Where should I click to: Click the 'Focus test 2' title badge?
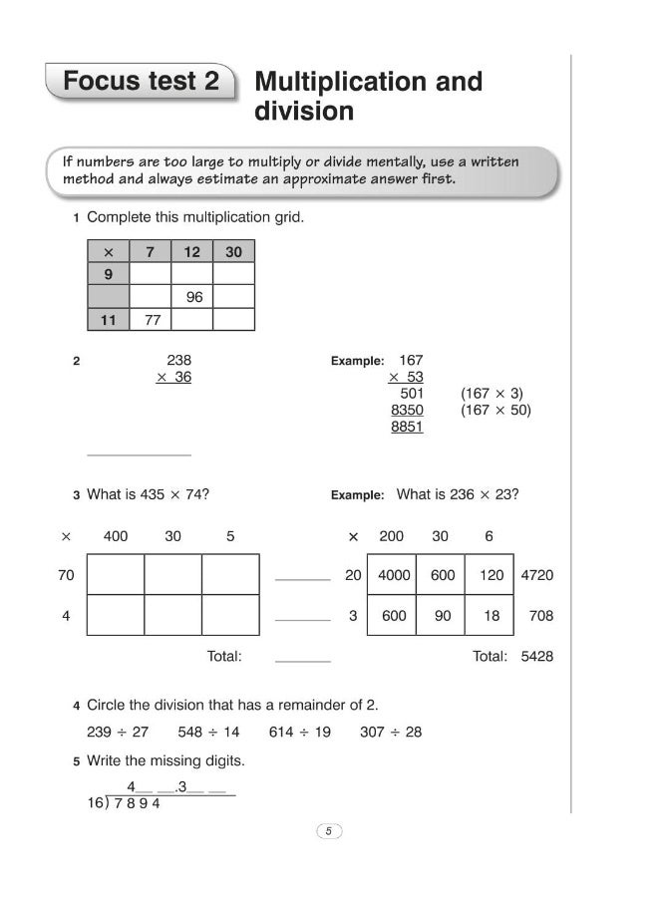pos(141,82)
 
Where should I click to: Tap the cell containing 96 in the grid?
pos(193,297)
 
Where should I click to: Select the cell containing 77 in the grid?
pos(152,320)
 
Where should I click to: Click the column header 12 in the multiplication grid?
pos(192,252)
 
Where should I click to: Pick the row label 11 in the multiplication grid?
pos(109,320)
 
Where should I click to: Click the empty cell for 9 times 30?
pos(234,274)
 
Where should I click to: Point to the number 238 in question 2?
pos(178,360)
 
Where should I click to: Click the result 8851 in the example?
pos(407,427)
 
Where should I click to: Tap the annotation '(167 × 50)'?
pos(495,410)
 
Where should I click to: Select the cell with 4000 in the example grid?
pos(395,575)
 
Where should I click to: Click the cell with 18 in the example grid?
pos(492,616)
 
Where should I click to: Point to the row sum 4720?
pos(537,575)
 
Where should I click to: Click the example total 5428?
pos(537,656)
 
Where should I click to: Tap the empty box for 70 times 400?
pos(116,575)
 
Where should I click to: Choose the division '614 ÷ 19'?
pos(299,732)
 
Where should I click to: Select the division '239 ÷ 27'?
pos(118,732)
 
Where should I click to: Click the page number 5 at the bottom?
pos(328,830)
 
